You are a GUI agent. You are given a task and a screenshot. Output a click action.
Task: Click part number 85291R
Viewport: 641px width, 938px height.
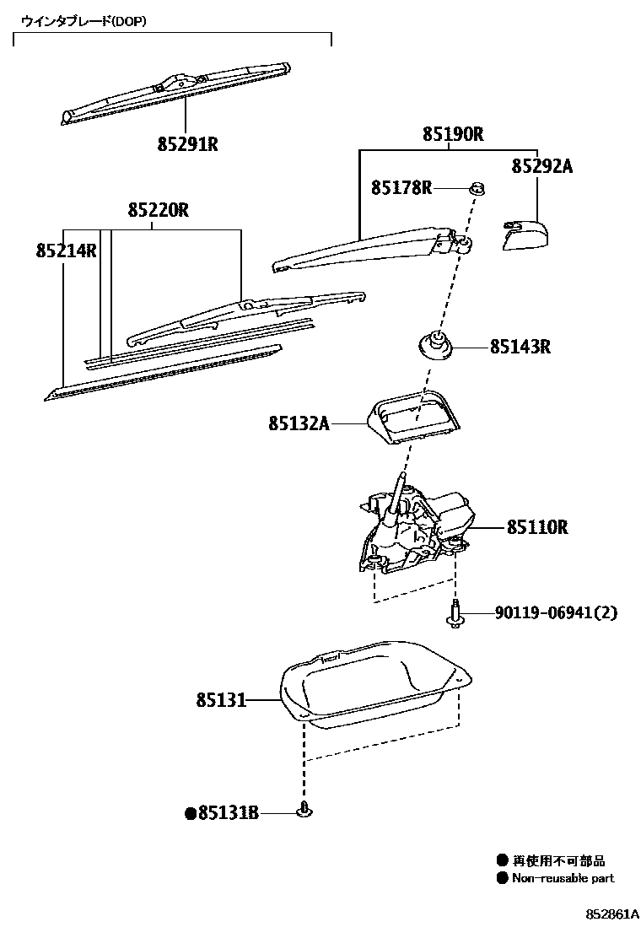(187, 144)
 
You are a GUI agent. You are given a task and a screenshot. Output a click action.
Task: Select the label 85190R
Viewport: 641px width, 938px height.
(453, 133)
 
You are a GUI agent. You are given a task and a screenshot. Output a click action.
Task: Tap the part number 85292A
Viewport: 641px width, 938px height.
(541, 166)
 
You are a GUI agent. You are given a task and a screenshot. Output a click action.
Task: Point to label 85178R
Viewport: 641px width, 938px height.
(401, 188)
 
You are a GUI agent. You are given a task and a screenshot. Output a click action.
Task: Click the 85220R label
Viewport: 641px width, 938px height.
(159, 210)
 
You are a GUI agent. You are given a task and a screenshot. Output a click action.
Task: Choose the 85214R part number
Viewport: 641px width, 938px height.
(67, 251)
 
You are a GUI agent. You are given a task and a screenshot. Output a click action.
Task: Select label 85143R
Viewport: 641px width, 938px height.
(520, 347)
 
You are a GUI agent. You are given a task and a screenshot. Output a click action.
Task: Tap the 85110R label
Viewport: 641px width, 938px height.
(537, 528)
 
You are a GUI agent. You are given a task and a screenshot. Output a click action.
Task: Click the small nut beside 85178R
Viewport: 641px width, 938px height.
(477, 187)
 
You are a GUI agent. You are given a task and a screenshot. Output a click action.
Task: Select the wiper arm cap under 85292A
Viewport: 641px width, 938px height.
(523, 234)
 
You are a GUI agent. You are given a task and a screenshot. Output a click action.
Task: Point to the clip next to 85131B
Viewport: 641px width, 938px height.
(304, 811)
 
